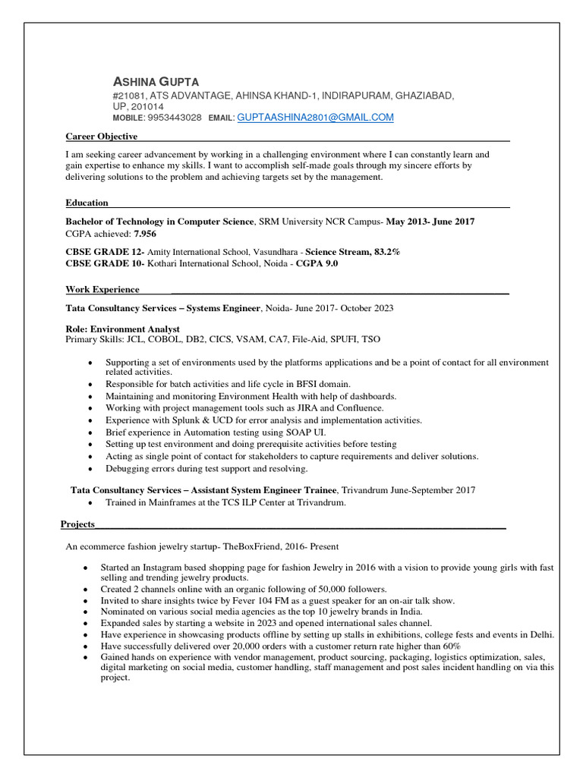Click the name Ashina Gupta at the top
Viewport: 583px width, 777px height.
pyautogui.click(x=156, y=81)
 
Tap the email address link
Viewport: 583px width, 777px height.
pyautogui.click(x=316, y=118)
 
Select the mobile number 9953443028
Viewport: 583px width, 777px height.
pyautogui.click(x=175, y=118)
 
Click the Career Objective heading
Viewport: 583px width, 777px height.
pyautogui.click(x=102, y=137)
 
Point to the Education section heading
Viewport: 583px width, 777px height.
pyautogui.click(x=87, y=203)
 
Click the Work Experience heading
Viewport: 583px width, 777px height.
pyautogui.click(x=102, y=289)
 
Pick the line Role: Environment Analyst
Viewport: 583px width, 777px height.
pyautogui.click(x=123, y=329)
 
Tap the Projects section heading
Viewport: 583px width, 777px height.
pyautogui.click(x=78, y=524)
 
